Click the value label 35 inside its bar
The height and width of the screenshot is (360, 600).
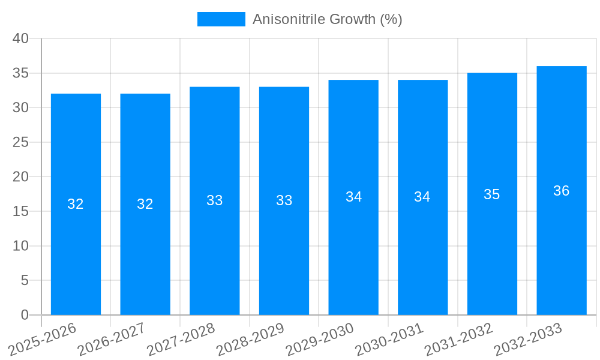click(x=492, y=194)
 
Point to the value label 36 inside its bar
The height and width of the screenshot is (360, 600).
click(x=562, y=191)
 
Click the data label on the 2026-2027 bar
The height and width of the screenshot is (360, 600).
click(x=145, y=204)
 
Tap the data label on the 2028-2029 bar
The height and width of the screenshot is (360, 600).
click(x=284, y=200)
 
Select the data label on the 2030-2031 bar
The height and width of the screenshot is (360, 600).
click(x=422, y=197)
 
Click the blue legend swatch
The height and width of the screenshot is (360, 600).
click(x=221, y=19)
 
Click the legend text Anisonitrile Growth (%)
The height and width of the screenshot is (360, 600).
click(x=327, y=19)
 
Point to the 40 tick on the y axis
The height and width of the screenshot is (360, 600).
click(x=21, y=38)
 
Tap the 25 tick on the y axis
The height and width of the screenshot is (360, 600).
click(x=21, y=142)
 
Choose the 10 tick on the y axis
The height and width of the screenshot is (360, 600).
click(x=21, y=246)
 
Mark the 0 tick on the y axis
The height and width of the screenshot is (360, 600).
click(x=25, y=315)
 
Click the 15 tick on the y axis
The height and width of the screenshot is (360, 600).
click(x=21, y=211)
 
